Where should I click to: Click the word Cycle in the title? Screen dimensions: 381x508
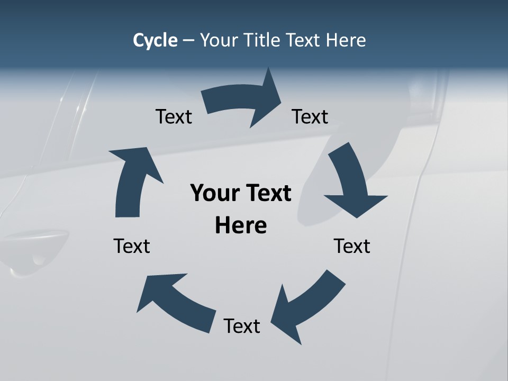point(155,40)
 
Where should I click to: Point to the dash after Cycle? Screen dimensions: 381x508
point(188,41)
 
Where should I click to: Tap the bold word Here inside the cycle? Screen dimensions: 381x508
point(241,226)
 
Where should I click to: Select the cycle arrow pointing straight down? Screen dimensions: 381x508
point(352,183)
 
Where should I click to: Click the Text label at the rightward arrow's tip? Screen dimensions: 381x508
point(310,116)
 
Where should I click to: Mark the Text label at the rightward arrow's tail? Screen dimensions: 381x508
point(174,116)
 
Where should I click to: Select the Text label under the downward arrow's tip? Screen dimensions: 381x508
point(352,246)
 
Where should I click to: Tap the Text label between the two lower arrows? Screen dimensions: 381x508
point(242,326)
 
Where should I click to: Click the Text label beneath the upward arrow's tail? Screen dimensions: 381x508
point(132,246)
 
